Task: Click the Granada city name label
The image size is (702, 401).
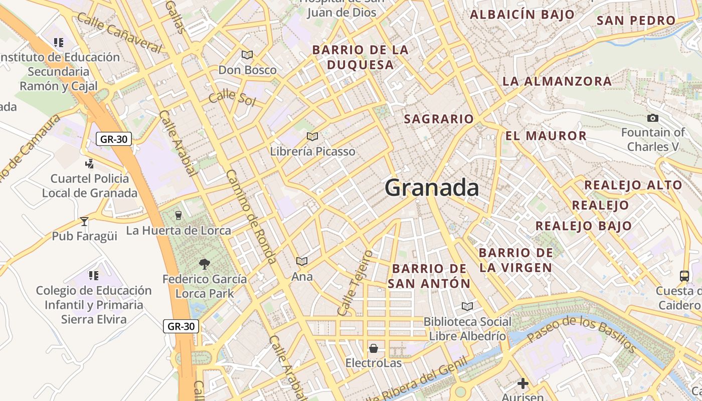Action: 432,188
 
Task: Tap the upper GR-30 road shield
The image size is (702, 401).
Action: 114,139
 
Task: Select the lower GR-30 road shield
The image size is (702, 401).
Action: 181,326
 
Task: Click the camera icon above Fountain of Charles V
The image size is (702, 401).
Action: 653,118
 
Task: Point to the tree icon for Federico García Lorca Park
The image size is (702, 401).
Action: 204,264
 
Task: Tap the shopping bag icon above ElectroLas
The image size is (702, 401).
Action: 374,348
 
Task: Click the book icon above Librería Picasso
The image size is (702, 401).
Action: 312,136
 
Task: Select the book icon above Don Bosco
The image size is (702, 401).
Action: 247,55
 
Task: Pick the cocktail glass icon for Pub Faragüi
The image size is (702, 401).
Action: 84,221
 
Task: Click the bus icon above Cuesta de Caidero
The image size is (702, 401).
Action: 684,276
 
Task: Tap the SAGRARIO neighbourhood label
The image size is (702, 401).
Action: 439,119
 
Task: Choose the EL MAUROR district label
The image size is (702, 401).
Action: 546,136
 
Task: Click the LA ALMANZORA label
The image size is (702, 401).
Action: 557,81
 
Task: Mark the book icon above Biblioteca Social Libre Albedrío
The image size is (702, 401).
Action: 467,306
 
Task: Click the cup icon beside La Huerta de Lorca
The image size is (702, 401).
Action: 178,216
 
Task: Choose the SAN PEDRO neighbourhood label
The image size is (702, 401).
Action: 636,21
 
